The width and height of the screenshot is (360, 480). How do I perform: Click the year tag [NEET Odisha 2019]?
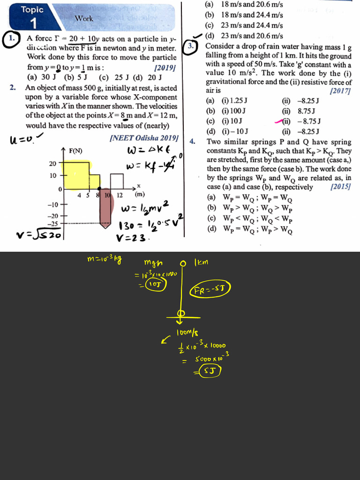(143, 138)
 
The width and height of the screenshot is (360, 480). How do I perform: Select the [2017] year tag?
(341, 90)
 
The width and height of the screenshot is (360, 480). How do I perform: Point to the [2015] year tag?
(341, 187)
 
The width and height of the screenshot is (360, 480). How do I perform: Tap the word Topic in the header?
(32, 10)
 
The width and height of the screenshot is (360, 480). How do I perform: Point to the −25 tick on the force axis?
(52, 224)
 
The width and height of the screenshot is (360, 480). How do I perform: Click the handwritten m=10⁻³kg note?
(104, 260)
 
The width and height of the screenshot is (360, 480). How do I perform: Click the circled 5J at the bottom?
(207, 372)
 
